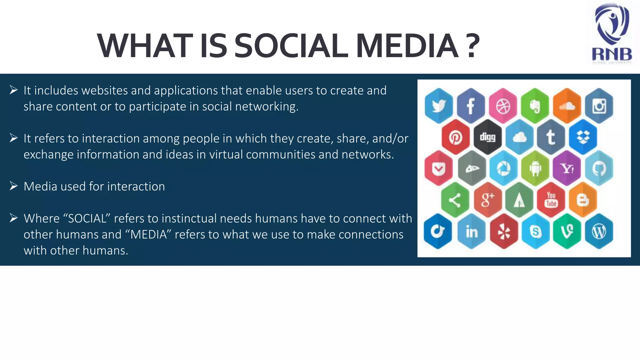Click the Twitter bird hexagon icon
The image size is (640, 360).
[x=439, y=106]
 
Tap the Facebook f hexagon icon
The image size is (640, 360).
[x=471, y=106]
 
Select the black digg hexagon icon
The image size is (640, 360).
[x=487, y=137]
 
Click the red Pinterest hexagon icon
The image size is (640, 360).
[x=455, y=137]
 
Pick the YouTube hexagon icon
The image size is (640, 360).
[x=551, y=200]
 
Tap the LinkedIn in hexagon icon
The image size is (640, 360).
[x=471, y=232]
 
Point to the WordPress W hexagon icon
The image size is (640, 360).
[x=599, y=232]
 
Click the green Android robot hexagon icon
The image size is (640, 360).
[x=535, y=168]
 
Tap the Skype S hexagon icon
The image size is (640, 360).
[x=535, y=232]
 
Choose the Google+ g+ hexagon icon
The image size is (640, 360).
[x=487, y=200]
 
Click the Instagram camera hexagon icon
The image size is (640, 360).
[x=599, y=106]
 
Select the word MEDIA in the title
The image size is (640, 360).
[x=407, y=46]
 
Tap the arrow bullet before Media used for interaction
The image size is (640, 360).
[x=13, y=186]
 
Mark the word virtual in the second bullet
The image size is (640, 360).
[x=226, y=154]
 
